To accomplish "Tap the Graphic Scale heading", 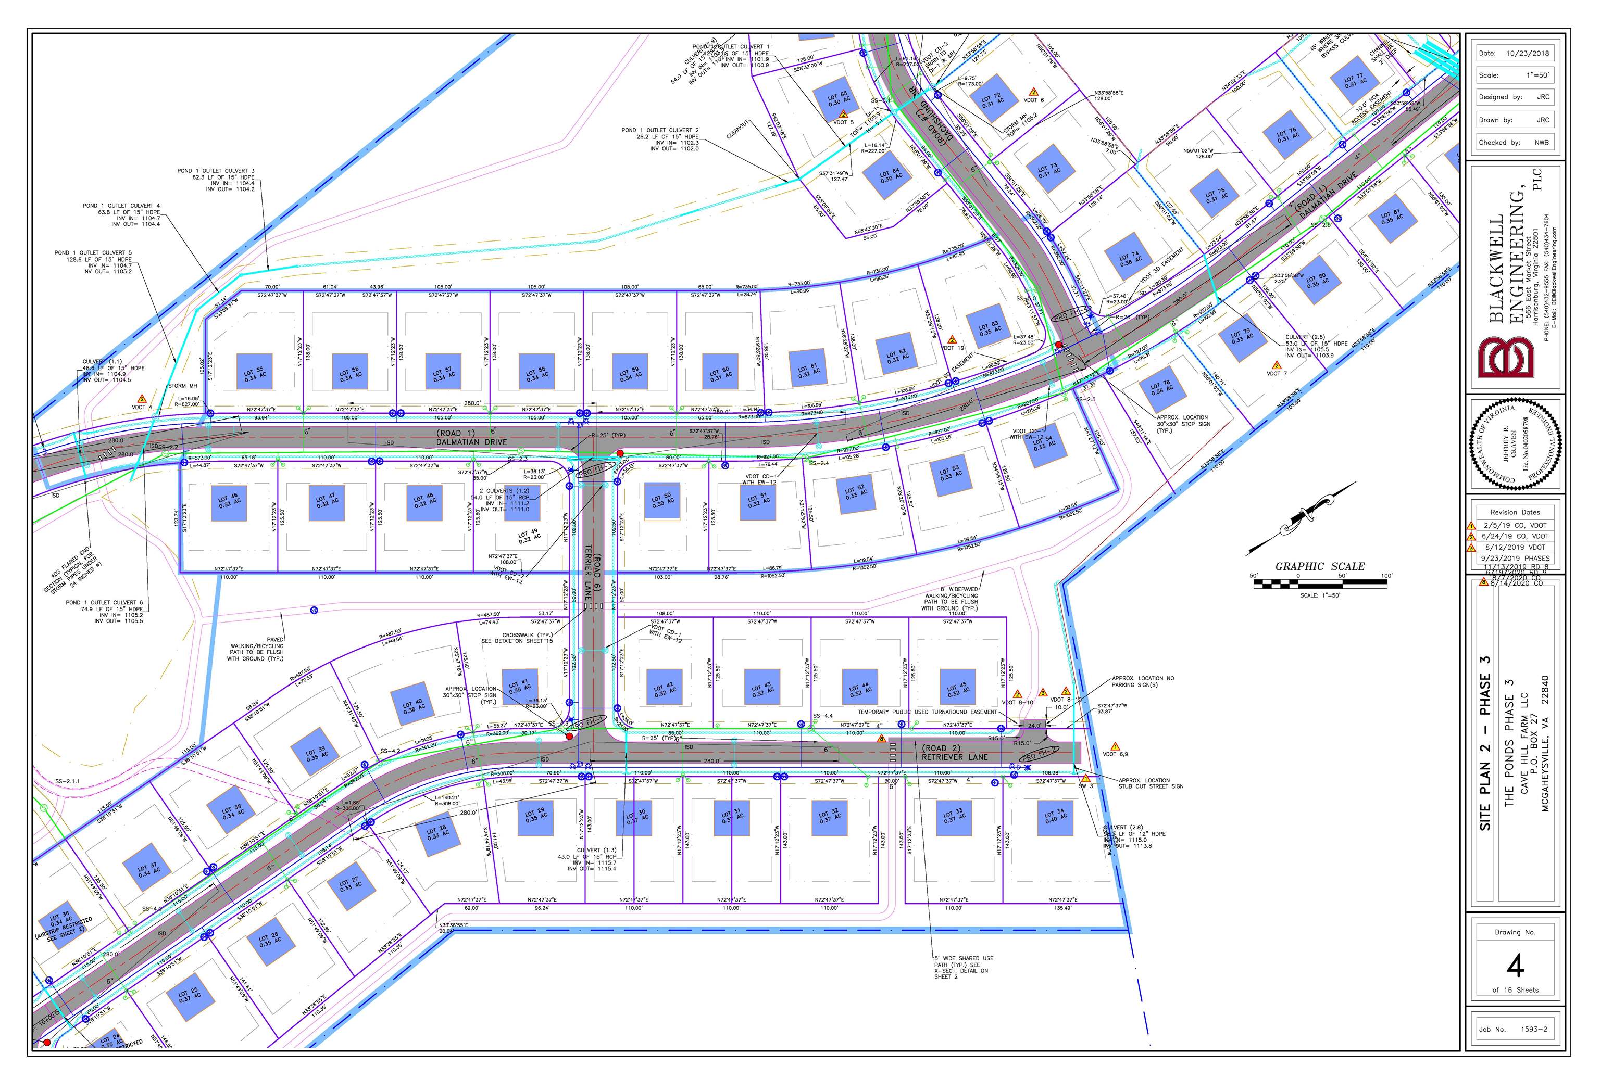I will [1320, 566].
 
